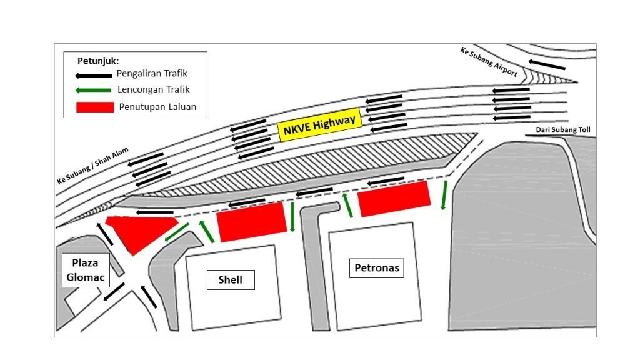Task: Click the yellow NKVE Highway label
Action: (x=319, y=124)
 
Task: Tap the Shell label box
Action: (x=231, y=280)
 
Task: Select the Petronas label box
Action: (x=376, y=268)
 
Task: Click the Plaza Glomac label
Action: (x=86, y=270)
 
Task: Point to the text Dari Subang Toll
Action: (x=563, y=130)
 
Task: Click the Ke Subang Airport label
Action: (x=489, y=62)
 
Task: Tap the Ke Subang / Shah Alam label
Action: (x=92, y=165)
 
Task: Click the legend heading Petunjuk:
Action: (x=98, y=61)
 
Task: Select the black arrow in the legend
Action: (x=94, y=76)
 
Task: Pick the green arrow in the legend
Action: (x=93, y=90)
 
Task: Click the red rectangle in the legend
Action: (x=95, y=107)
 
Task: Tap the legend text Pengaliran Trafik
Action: (x=152, y=74)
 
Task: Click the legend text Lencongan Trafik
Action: (x=154, y=89)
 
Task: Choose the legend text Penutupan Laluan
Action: (x=157, y=107)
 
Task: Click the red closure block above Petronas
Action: (x=394, y=199)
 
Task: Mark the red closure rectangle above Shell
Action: (x=252, y=222)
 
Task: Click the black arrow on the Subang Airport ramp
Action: (x=547, y=64)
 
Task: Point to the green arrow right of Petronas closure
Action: (x=444, y=195)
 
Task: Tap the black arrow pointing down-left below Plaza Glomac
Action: (x=114, y=292)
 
